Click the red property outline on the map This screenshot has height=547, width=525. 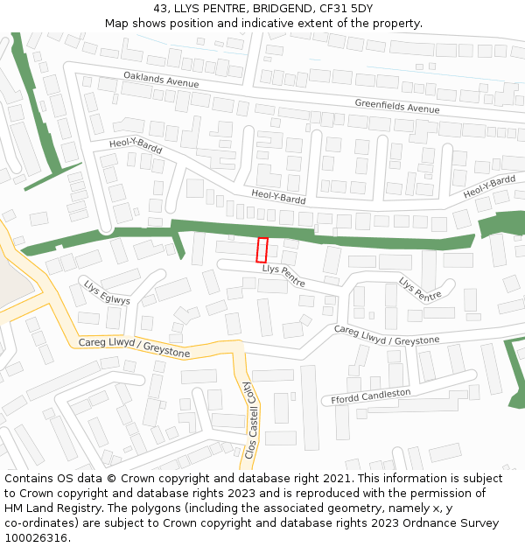pyautogui.click(x=262, y=249)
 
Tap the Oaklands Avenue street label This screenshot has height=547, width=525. pyautogui.click(x=161, y=80)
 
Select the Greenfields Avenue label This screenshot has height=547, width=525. pyautogui.click(x=396, y=107)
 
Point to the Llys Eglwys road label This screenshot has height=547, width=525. pyautogui.click(x=107, y=293)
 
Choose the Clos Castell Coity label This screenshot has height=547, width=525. pyautogui.click(x=249, y=421)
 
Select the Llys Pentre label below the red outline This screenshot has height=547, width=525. pyautogui.click(x=283, y=277)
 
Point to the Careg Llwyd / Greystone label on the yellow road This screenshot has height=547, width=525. pyautogui.click(x=134, y=347)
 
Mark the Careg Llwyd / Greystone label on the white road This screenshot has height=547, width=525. pyautogui.click(x=386, y=335)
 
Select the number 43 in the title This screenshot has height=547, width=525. pyautogui.click(x=160, y=8)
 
